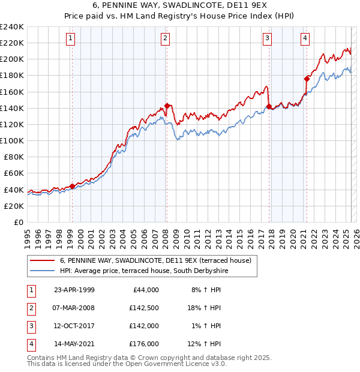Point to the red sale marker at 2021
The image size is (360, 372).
pyautogui.click(x=307, y=78)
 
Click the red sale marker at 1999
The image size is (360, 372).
pyautogui.click(x=72, y=186)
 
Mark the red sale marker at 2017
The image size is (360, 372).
pyautogui.click(x=269, y=106)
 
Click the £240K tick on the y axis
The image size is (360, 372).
pyautogui.click(x=11, y=27)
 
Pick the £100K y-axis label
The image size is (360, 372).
pyautogui.click(x=11, y=140)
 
